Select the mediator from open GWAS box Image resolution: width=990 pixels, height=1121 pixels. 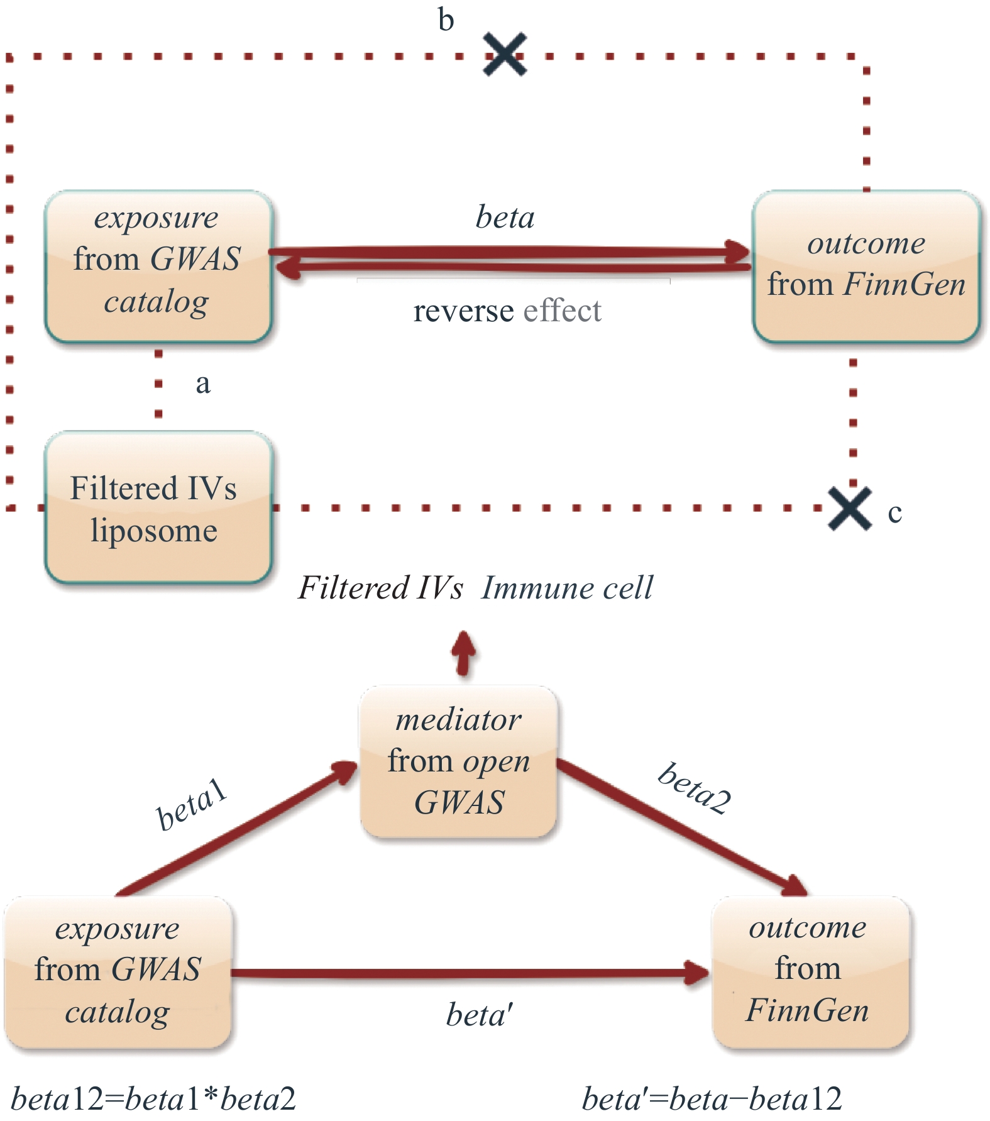click(x=459, y=761)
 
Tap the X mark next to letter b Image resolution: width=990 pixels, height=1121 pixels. click(x=505, y=55)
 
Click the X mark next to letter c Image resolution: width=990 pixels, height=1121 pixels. click(x=850, y=508)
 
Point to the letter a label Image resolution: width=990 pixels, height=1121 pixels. click(x=202, y=384)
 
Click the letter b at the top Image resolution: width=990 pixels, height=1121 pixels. click(x=446, y=20)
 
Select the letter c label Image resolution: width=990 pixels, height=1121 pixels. click(x=894, y=513)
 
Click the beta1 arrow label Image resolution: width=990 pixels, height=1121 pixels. click(x=191, y=804)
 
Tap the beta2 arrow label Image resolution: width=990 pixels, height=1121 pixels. click(x=695, y=788)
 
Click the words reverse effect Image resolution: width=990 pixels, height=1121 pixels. click(x=507, y=311)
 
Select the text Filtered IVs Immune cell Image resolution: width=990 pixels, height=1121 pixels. click(x=475, y=588)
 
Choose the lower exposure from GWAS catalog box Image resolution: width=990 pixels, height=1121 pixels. click(x=118, y=972)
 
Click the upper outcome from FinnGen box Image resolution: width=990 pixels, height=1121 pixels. click(x=866, y=266)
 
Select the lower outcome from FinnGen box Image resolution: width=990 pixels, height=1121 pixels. click(x=810, y=971)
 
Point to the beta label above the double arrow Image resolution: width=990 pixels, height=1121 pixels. click(x=505, y=218)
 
